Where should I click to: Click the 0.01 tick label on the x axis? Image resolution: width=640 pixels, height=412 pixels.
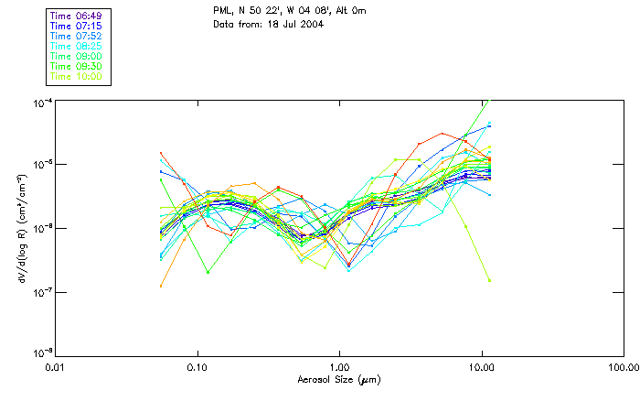56,367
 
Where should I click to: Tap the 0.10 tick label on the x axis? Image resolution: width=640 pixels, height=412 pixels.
197,367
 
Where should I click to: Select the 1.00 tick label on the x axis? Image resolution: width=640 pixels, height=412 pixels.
339,367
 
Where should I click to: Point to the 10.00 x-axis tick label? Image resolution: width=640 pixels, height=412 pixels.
481,367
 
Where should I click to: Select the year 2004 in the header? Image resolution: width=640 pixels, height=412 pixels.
302,24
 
